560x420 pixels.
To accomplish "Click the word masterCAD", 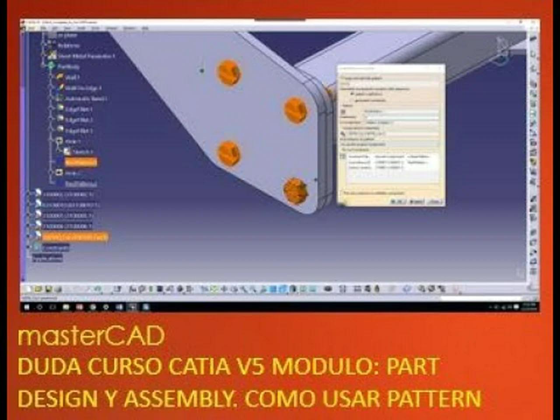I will point(91,336).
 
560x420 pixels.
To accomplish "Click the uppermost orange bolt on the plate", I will point(229,72).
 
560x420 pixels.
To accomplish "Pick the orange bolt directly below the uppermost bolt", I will point(229,153).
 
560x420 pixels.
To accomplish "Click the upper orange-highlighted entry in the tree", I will point(81,162).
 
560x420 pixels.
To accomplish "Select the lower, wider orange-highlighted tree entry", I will point(75,237).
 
